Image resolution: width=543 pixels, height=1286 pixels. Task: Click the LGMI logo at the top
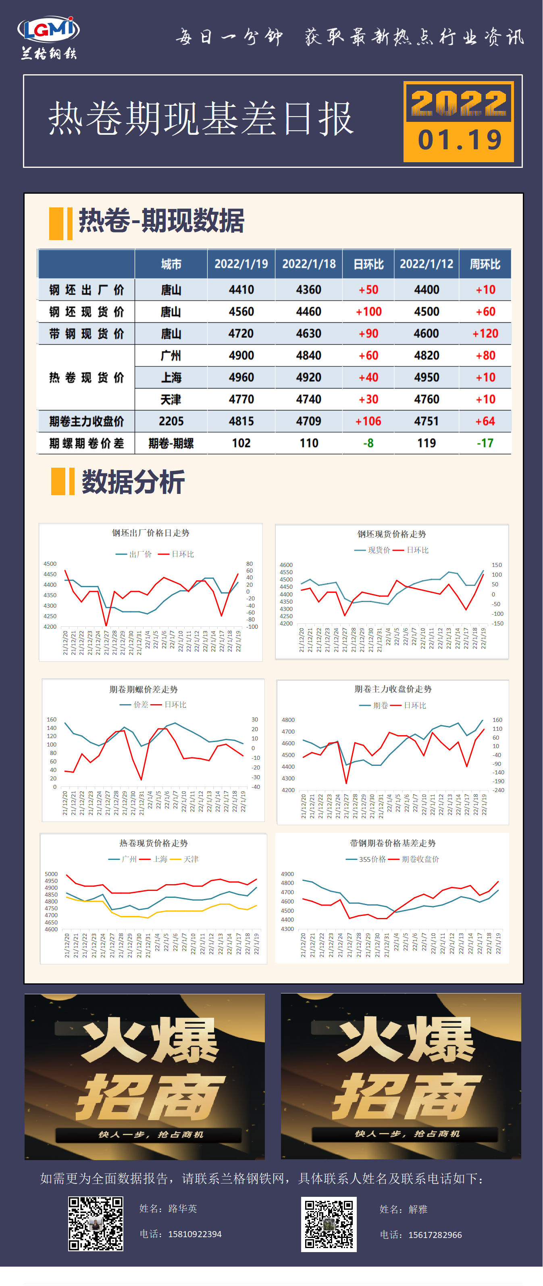48,30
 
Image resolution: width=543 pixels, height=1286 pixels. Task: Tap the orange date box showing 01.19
458,122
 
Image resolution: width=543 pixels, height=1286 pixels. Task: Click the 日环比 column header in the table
368,264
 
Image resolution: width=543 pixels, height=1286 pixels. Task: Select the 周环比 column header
485,264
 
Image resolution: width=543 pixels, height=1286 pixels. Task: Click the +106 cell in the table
368,421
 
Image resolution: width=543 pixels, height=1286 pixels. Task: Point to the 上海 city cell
171,377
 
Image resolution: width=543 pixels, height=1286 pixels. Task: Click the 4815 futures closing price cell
241,421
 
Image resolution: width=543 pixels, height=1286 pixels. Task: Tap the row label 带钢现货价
86,333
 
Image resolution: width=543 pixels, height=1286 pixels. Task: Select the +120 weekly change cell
485,333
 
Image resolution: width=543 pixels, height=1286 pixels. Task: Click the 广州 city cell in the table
171,355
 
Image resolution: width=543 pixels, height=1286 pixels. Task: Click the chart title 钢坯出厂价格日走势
151,533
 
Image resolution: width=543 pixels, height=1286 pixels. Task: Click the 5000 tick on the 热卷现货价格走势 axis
51,874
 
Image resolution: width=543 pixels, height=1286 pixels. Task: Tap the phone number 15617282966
435,1235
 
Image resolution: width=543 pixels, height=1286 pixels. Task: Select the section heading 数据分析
133,482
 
